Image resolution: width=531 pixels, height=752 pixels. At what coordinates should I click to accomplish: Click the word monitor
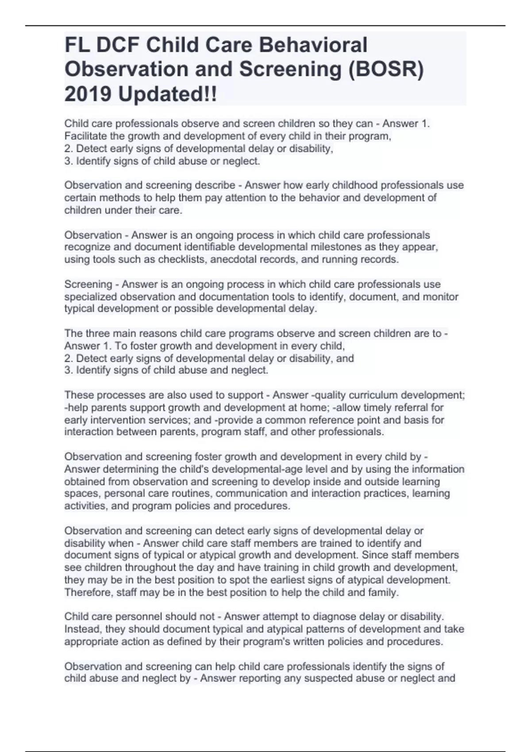click(x=441, y=296)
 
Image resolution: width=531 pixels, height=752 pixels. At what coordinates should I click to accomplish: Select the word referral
click(x=424, y=407)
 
